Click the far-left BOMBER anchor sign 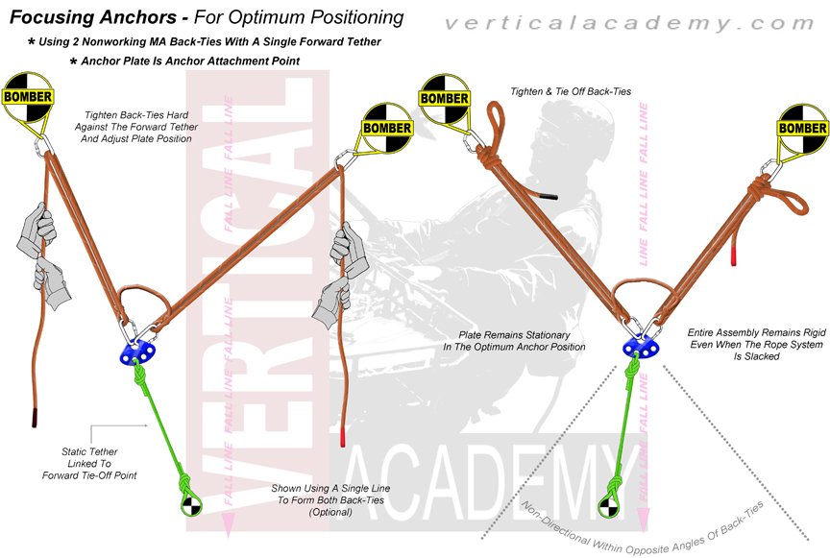coord(27,97)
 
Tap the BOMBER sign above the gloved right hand coord(386,128)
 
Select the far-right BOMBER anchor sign coord(802,129)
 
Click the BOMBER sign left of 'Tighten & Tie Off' coord(445,98)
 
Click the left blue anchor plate coord(143,351)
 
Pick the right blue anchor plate coord(635,346)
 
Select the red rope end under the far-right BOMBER coord(734,255)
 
